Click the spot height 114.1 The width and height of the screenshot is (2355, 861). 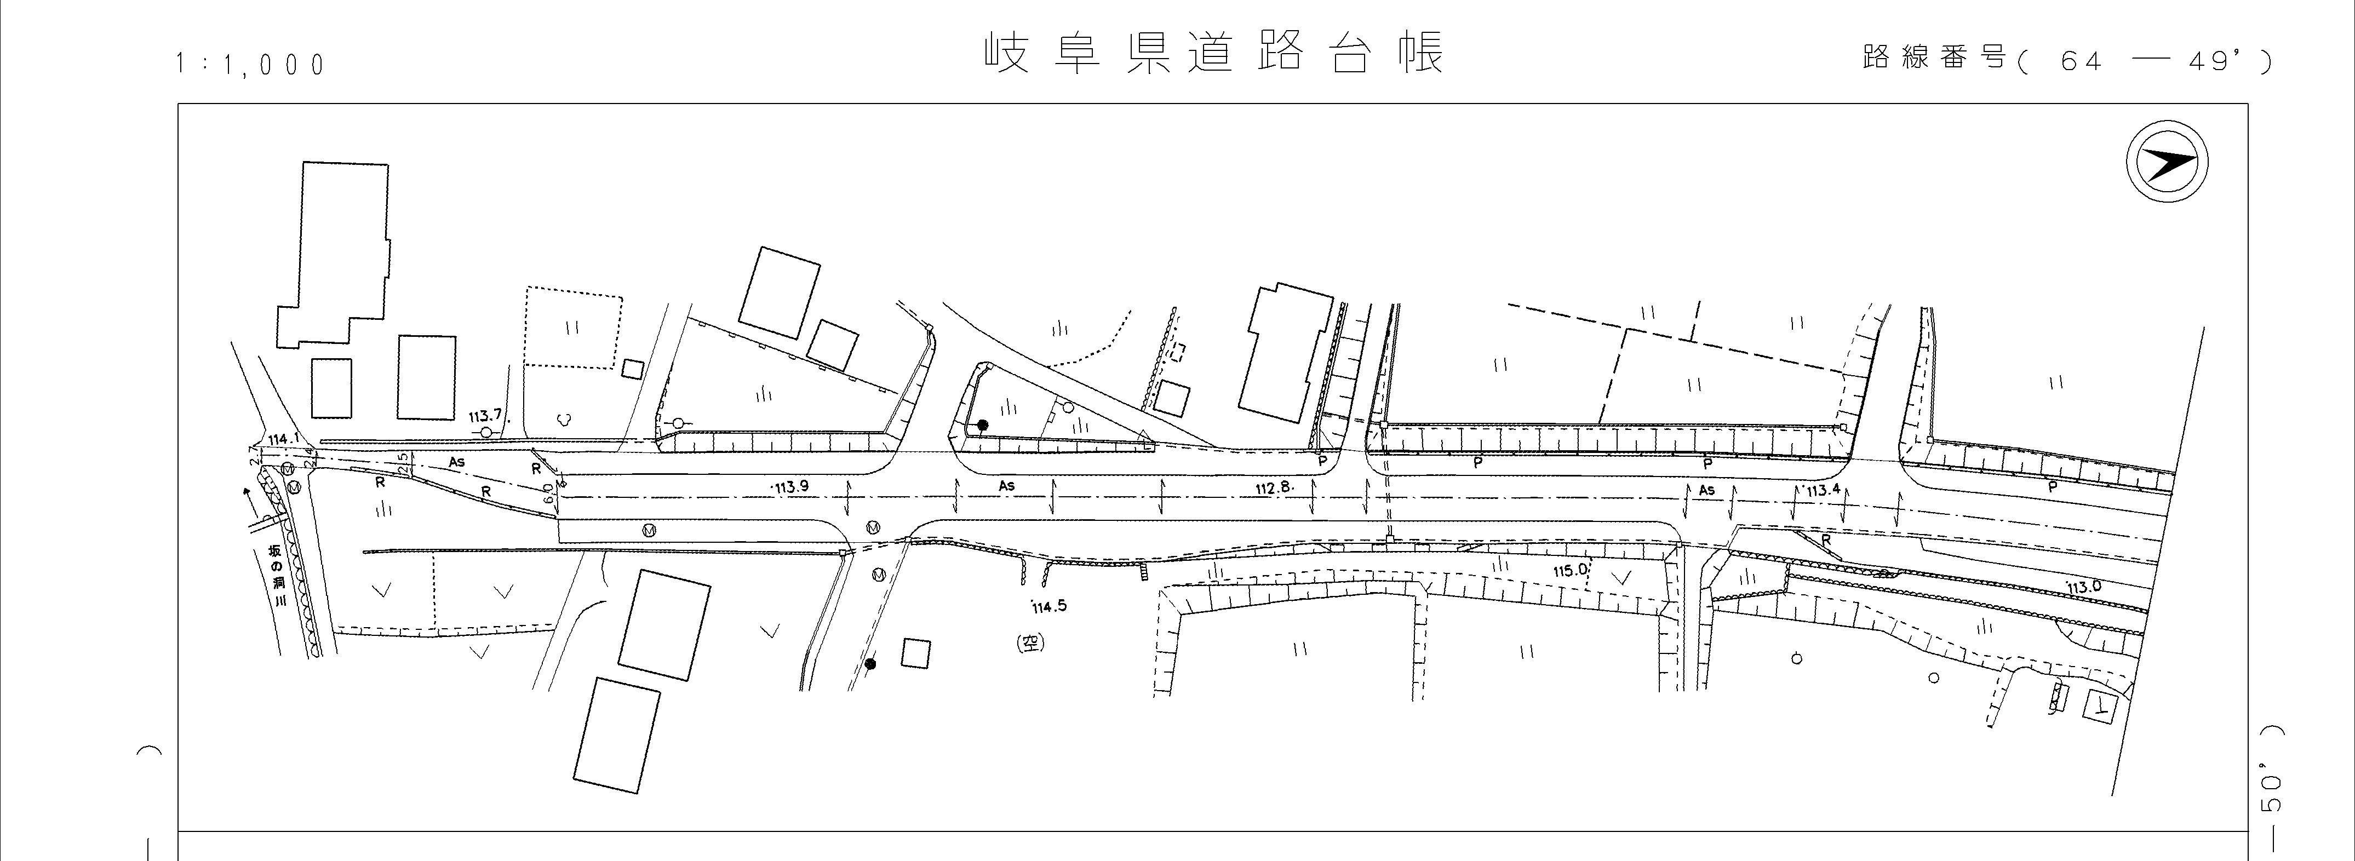[x=283, y=439]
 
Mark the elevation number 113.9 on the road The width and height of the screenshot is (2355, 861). [x=791, y=487]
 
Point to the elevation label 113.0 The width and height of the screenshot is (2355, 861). [x=2083, y=587]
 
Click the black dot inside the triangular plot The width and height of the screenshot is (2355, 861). [x=983, y=425]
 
